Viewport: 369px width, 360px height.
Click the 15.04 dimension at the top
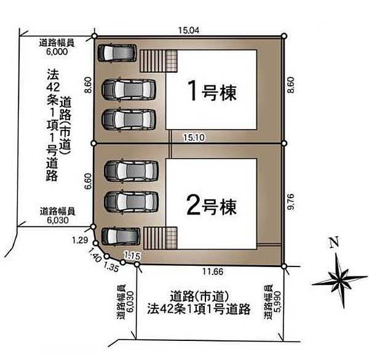(x=189, y=30)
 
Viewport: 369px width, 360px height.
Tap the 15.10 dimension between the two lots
(x=194, y=137)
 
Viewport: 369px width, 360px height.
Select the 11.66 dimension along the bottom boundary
(x=213, y=272)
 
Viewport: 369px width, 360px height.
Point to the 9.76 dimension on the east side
(x=291, y=202)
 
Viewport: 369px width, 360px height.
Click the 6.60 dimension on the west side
(x=87, y=181)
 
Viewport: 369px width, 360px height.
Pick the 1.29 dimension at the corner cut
(x=80, y=240)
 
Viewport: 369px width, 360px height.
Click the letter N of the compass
(x=334, y=242)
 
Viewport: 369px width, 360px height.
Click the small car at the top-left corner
(x=117, y=53)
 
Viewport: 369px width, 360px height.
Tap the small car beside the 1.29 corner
(x=121, y=236)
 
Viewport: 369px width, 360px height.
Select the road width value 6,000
(x=57, y=52)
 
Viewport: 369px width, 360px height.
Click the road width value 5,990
(x=278, y=302)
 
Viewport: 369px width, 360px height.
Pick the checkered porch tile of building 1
(x=172, y=61)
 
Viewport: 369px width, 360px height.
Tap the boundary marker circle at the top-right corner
(x=284, y=36)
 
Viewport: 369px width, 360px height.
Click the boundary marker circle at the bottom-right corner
(x=284, y=266)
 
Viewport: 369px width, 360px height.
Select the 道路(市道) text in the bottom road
(x=199, y=297)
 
